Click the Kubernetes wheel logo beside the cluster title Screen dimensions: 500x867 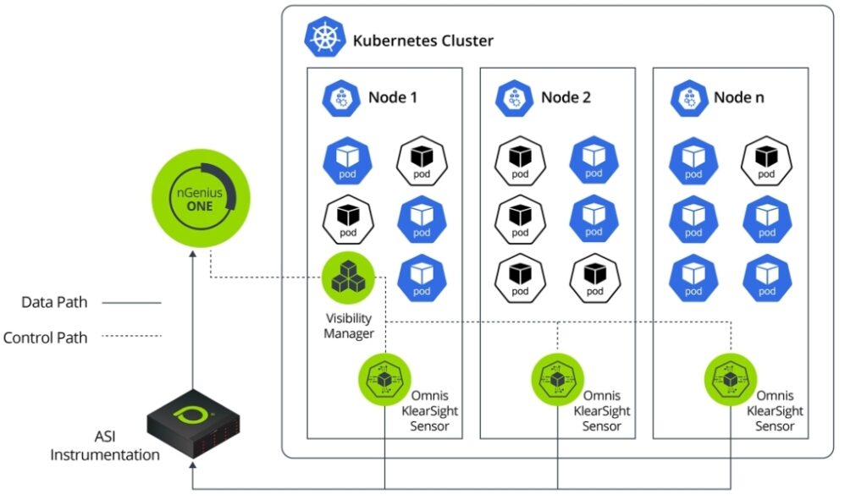tap(324, 39)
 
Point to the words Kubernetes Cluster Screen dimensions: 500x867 tap(422, 41)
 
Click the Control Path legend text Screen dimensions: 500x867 tap(46, 338)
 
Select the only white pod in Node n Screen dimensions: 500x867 tap(765, 160)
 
